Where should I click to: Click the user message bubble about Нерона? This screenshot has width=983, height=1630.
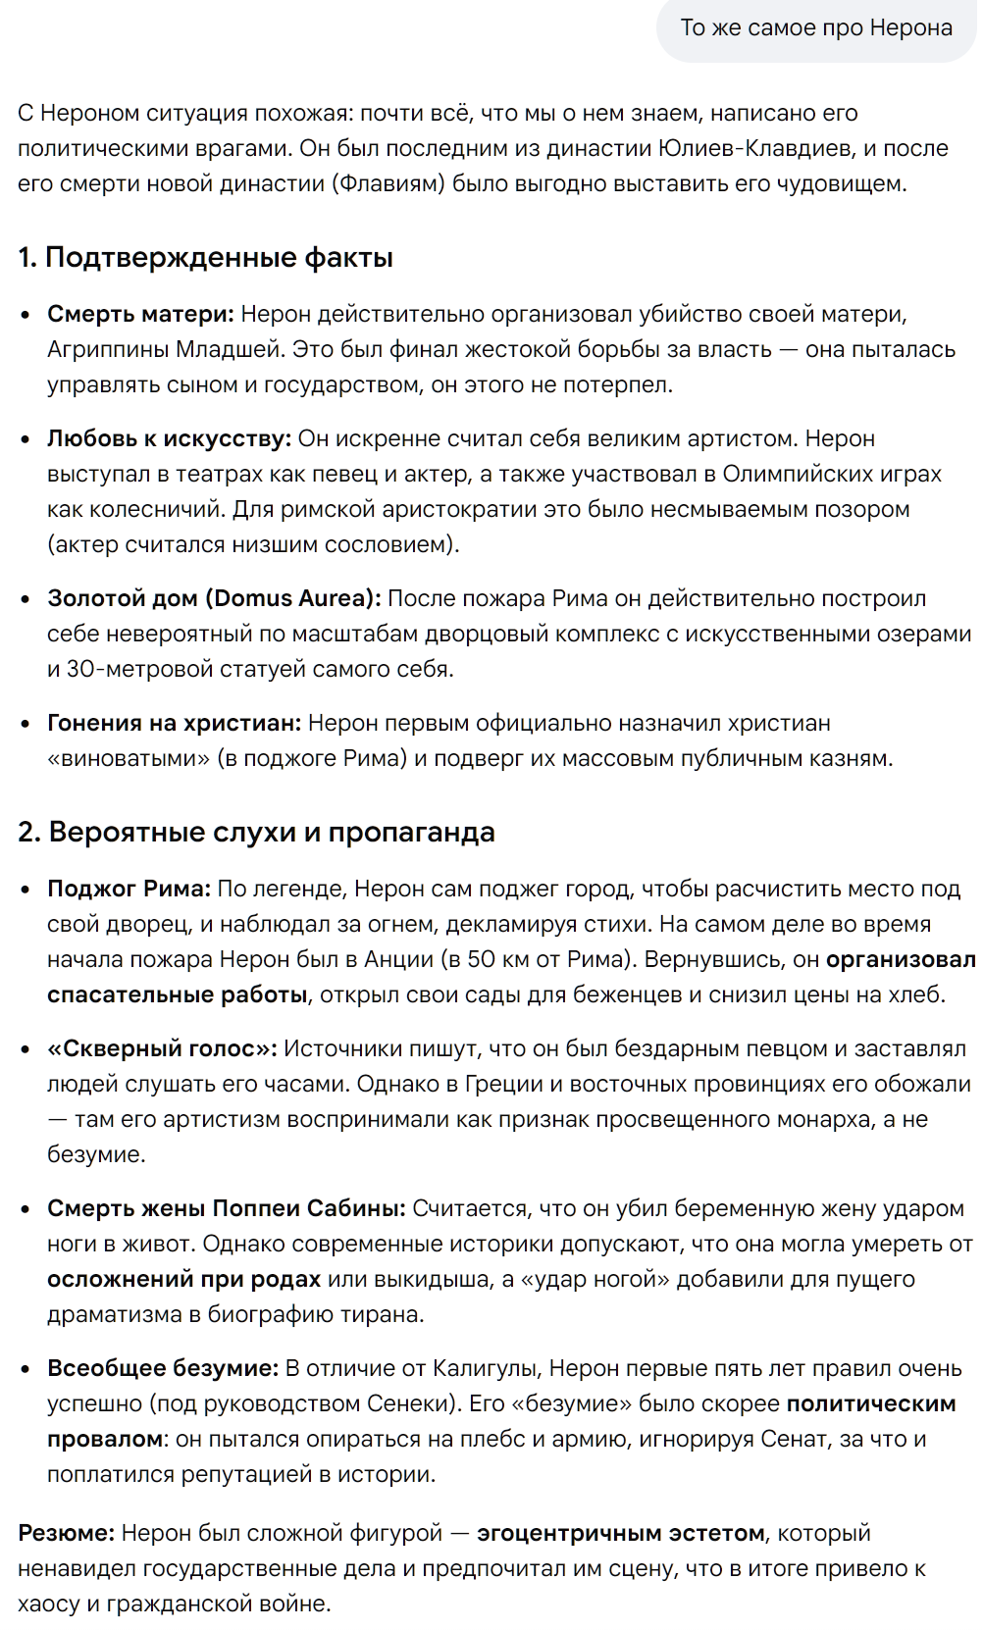[x=816, y=27]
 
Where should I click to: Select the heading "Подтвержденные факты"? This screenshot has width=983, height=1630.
[x=219, y=257]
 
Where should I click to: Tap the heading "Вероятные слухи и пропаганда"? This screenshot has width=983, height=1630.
[x=272, y=832]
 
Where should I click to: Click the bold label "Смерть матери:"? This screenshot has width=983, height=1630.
[x=140, y=314]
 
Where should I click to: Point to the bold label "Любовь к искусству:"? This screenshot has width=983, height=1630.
[x=169, y=438]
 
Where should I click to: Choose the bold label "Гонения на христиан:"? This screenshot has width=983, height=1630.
[x=174, y=723]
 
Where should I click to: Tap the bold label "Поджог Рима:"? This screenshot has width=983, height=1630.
[x=129, y=889]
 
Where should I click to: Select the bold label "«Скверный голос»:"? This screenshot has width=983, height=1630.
[x=162, y=1048]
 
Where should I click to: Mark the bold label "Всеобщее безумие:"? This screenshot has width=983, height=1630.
[x=163, y=1368]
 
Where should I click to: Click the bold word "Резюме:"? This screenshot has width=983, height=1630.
[x=66, y=1532]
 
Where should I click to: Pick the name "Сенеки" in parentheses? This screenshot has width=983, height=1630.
[x=415, y=1403]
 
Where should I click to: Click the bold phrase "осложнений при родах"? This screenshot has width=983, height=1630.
[x=183, y=1279]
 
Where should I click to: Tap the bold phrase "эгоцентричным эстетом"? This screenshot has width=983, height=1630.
[x=620, y=1532]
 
